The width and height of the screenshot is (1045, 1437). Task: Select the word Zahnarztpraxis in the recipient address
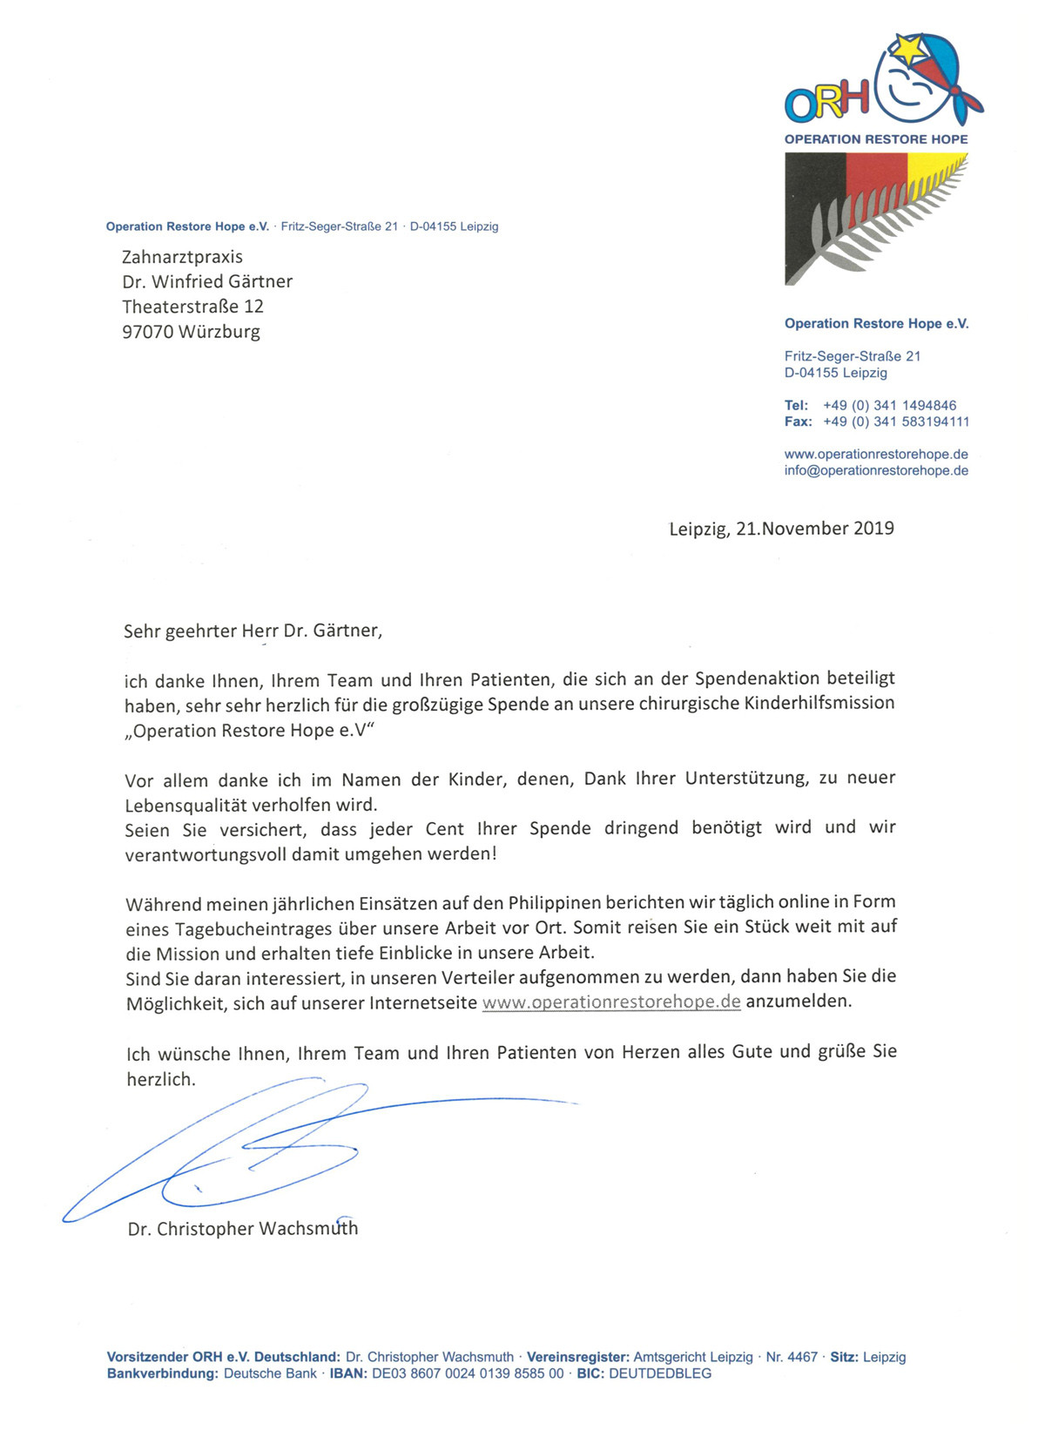tap(182, 257)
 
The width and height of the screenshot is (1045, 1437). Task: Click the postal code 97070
tap(148, 332)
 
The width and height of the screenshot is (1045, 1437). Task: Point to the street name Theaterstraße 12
tap(192, 307)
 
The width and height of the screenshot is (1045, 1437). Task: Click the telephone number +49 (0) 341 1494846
tap(889, 405)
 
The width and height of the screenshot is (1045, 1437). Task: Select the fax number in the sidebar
tap(895, 422)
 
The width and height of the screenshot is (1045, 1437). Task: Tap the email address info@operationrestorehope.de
tap(876, 470)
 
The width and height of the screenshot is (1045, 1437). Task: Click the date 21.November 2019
tap(814, 529)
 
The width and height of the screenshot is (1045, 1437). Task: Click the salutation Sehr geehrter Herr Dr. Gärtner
tap(253, 631)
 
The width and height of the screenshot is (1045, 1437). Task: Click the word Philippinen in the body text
tap(554, 902)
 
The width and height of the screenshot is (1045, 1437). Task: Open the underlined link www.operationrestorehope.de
tap(611, 1002)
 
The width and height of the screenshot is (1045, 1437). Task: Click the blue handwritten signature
tap(261, 1150)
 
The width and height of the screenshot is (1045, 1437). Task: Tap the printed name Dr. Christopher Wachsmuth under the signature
tap(243, 1229)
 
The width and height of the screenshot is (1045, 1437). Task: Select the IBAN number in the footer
tap(468, 1373)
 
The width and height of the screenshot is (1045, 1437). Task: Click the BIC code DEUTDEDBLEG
tap(659, 1373)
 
